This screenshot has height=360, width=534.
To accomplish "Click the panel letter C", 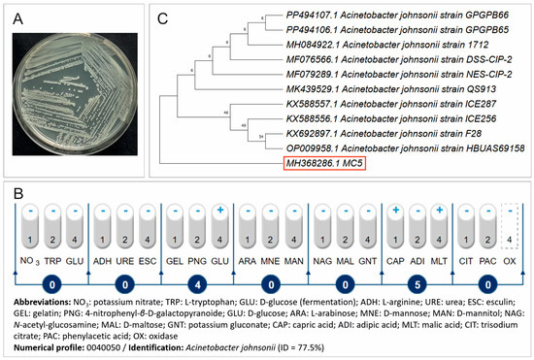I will tap(163, 16).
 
